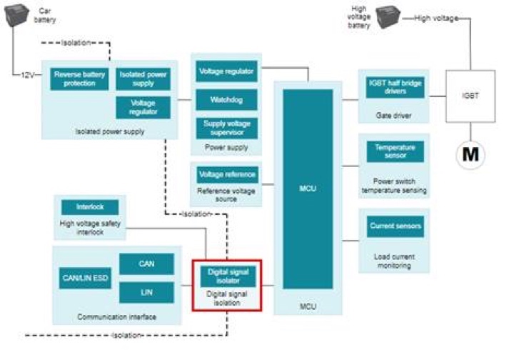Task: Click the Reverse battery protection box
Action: pos(79,79)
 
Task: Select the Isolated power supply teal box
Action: pos(144,79)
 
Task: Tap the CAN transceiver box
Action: pos(146,264)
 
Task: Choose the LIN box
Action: pos(146,291)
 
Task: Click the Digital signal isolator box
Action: pos(227,276)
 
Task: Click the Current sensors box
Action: pos(395,226)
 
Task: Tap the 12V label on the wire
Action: pos(27,74)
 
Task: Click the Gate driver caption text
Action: pos(394,115)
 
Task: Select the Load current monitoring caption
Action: pos(394,261)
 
